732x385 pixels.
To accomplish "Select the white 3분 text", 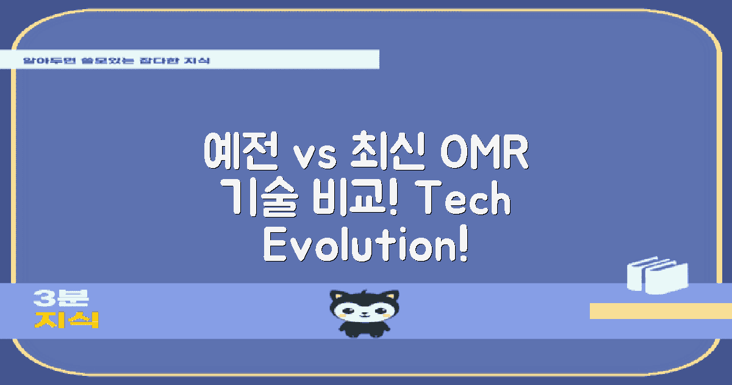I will coord(61,298).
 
